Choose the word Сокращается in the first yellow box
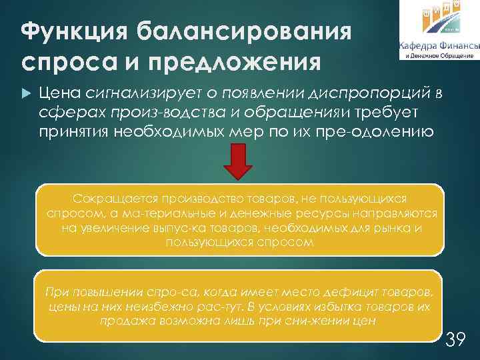[x=108, y=199]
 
